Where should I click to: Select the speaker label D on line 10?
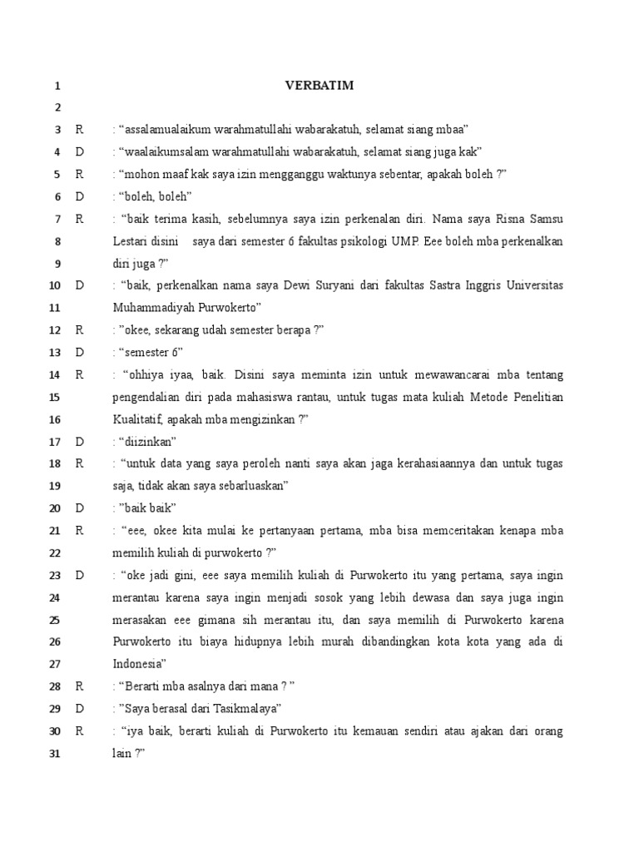pyautogui.click(x=80, y=285)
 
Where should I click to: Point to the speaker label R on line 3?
pyautogui.click(x=80, y=129)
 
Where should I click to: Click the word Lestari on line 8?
pyautogui.click(x=131, y=240)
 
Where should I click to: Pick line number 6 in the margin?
pyautogui.click(x=57, y=196)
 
